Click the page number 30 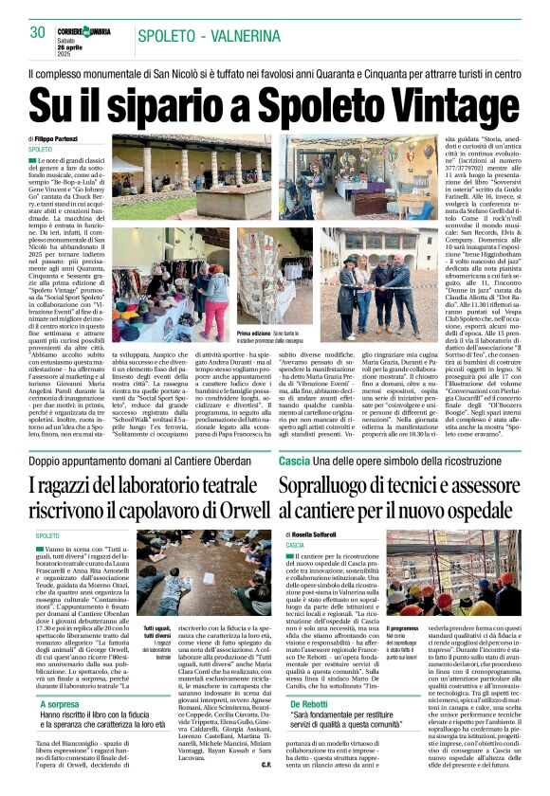[x=38, y=33]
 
